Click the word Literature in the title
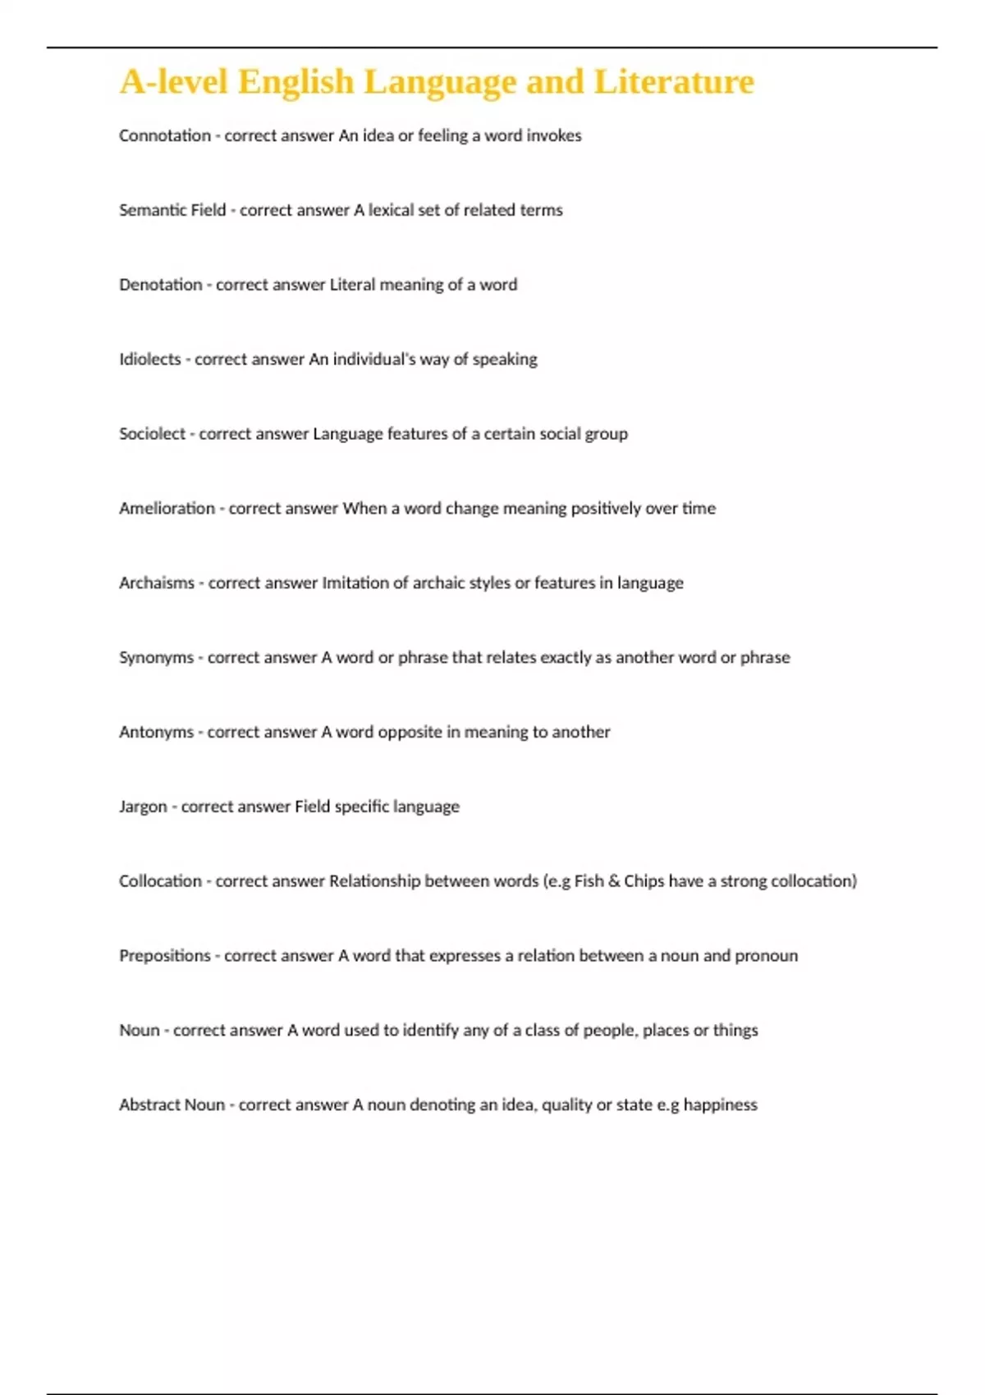(673, 82)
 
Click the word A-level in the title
(173, 82)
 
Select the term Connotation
(165, 135)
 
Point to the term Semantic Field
(172, 210)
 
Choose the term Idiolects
(150, 359)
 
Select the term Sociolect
(152, 434)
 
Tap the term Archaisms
(157, 583)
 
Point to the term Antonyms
(156, 732)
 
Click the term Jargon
(143, 807)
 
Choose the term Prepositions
(165, 956)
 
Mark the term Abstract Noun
(172, 1105)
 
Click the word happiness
(720, 1105)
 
